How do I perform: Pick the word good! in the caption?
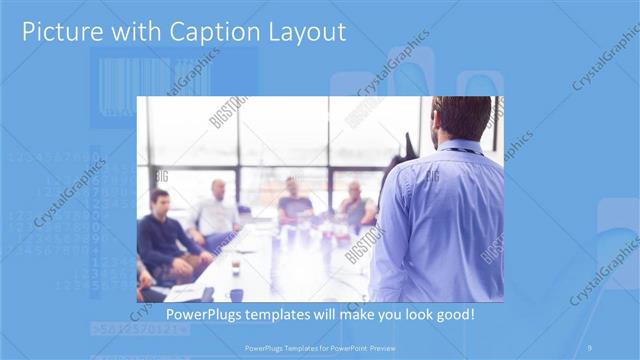pos(453,315)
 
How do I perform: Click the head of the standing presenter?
pos(462,118)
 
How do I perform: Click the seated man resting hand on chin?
pos(355,205)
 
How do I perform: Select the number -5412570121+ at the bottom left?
pos(135,328)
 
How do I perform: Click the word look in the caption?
pos(410,315)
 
